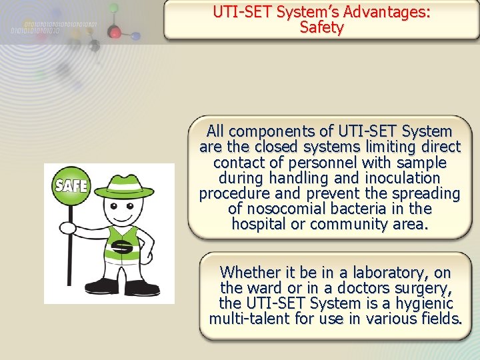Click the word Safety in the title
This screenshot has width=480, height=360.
click(x=321, y=28)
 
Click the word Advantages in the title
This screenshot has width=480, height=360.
click(x=380, y=12)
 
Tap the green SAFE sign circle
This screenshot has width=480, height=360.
click(x=71, y=185)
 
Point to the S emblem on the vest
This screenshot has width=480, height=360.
click(x=121, y=248)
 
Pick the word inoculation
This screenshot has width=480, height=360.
click(x=403, y=178)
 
